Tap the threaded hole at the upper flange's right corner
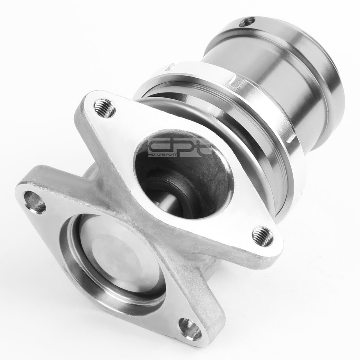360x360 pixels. (x=262, y=236)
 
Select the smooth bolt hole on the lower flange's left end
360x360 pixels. (x=35, y=202)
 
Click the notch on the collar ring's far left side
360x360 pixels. (x=169, y=67)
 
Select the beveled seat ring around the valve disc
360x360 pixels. (x=75, y=255)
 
